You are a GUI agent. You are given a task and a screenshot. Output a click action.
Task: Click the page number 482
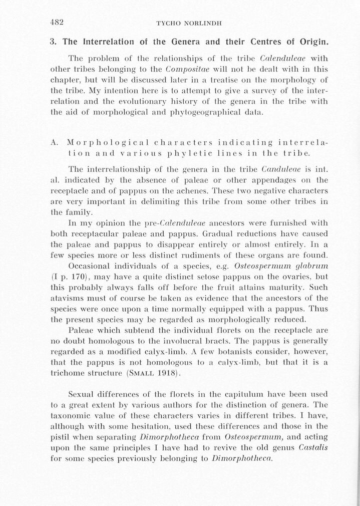59,23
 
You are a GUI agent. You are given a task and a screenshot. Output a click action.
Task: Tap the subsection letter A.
55,142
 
